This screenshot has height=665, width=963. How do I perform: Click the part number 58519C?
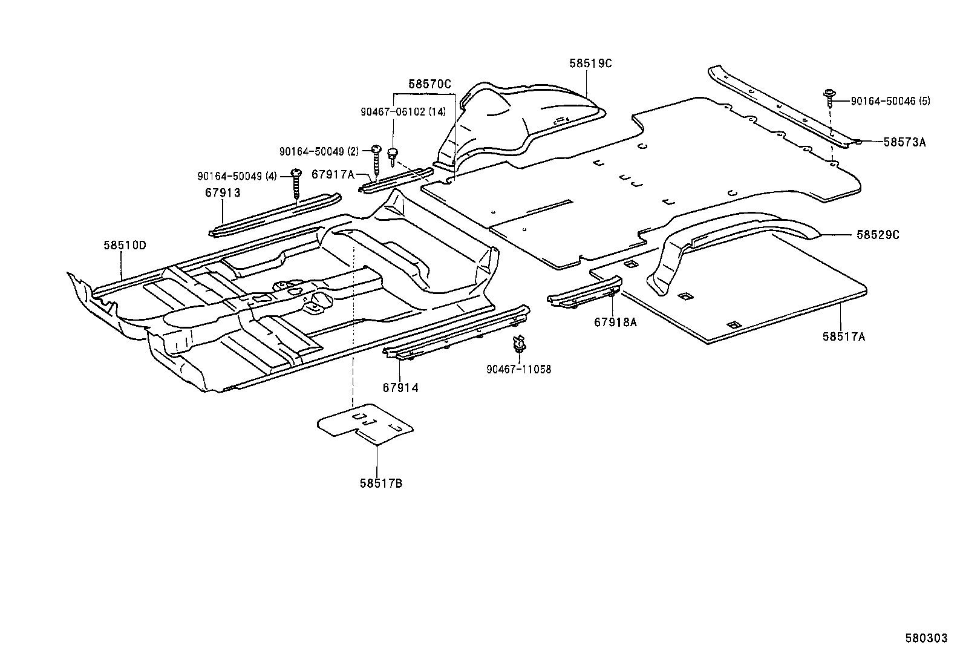pos(590,63)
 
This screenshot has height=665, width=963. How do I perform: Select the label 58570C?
pos(429,84)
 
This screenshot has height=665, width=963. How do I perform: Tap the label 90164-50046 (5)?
pos(890,101)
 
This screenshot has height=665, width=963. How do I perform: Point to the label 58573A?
pos(904,142)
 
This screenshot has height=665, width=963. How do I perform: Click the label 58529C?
pos(877,235)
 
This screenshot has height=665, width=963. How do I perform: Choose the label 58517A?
pos(843,336)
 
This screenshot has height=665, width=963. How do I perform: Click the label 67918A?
pos(615,323)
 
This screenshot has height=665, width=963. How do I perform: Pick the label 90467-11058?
pos(518,369)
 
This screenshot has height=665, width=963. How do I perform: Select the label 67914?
pos(400,387)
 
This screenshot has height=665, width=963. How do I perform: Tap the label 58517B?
pos(381,483)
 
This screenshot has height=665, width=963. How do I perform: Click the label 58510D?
pos(125,245)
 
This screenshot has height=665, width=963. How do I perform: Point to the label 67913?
pos(222,193)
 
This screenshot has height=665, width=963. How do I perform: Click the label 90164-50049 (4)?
pos(237,176)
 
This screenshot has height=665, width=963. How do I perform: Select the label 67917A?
pos(333,174)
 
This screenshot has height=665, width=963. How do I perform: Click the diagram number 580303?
pos(925,638)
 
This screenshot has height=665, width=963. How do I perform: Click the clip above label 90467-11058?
pos(518,344)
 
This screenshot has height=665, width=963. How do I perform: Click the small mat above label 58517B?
pos(365,424)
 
